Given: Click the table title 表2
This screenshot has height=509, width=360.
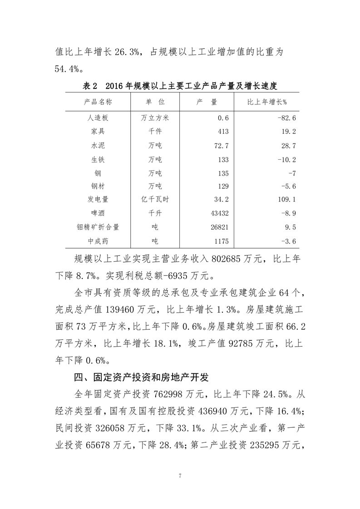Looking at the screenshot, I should [91, 86].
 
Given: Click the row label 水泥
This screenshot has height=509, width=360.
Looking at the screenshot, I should [98, 146].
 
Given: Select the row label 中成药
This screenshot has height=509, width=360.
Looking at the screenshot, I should [98, 241].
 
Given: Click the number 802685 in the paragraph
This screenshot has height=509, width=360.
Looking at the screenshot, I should [230, 260].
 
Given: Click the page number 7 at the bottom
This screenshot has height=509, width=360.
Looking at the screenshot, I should [180, 476].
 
